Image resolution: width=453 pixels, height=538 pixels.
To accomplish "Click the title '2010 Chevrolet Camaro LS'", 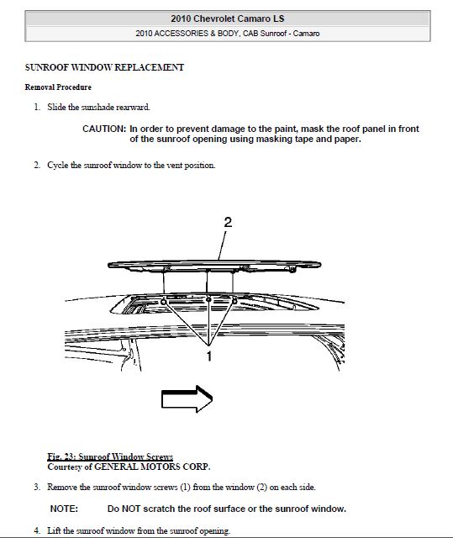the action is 228,18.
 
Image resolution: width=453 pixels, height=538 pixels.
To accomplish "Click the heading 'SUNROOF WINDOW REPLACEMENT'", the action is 104,67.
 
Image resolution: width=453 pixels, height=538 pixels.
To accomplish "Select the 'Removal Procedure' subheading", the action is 58,87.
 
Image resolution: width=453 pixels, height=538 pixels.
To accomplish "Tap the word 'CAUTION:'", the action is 104,129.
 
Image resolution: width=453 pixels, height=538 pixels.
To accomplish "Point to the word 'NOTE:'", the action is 64,509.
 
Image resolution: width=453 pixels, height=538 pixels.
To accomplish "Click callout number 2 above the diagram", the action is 228,222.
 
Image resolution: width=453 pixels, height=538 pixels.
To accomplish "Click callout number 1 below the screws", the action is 208,356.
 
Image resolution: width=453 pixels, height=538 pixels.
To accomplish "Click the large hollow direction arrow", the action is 187,398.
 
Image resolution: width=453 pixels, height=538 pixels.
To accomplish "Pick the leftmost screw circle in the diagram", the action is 164,302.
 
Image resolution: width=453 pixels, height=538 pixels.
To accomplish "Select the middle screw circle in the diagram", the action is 208,300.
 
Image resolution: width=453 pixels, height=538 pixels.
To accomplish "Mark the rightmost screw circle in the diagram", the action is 234,301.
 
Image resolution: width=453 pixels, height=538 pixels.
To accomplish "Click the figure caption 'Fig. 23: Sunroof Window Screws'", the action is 110,456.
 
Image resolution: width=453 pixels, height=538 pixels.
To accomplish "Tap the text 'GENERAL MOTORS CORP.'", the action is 152,467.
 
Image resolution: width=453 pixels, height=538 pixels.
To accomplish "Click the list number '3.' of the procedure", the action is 37,487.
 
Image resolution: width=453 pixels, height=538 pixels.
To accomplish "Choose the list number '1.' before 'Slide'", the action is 37,107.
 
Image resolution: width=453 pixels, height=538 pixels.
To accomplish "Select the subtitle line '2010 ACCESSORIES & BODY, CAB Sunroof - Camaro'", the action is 228,34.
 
